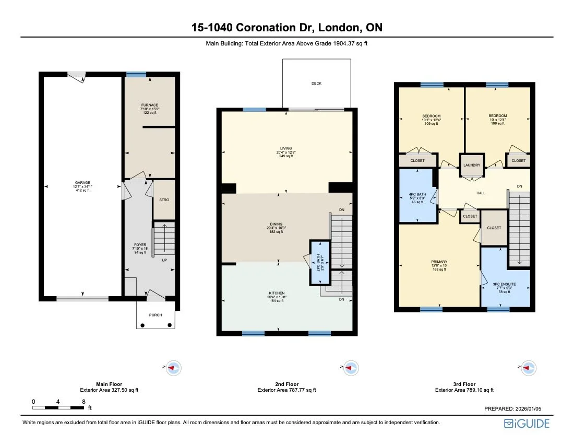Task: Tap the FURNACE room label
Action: (x=150, y=105)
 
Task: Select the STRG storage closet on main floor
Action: (x=163, y=200)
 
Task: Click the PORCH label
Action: (x=155, y=315)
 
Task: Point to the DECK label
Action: (x=316, y=84)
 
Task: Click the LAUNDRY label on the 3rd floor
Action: (x=472, y=165)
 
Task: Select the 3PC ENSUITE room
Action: (x=504, y=284)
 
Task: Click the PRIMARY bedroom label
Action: (x=439, y=262)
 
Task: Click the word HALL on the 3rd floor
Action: (x=481, y=193)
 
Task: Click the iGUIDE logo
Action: (x=527, y=424)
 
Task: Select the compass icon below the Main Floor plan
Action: (x=175, y=368)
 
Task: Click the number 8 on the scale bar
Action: (x=83, y=402)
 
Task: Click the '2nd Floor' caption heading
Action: (x=286, y=384)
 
